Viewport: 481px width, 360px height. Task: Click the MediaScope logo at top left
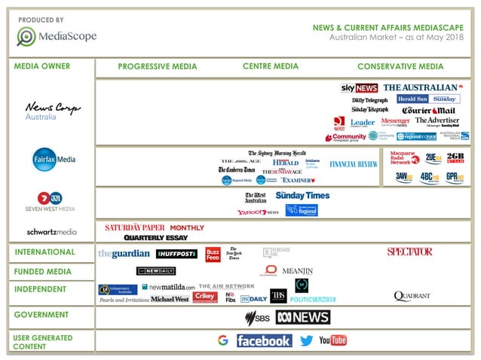pos(57,35)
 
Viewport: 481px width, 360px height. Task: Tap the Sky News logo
pos(360,88)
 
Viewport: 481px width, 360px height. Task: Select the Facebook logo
pos(264,340)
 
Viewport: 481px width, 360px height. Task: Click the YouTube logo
pos(333,340)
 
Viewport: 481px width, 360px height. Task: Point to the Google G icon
pos(222,340)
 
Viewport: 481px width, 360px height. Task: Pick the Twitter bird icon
pos(306,340)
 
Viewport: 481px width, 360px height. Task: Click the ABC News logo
pos(302,317)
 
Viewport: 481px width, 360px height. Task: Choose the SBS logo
pos(257,317)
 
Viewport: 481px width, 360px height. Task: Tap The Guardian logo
pos(124,254)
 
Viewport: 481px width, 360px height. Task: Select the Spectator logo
pos(409,252)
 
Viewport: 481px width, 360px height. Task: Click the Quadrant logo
pos(412,296)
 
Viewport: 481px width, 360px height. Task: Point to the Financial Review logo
pos(354,163)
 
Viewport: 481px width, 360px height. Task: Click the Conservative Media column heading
pos(400,66)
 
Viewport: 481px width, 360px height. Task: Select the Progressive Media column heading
pos(158,66)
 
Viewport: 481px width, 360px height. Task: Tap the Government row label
pos(41,315)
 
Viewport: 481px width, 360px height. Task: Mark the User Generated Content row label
pos(43,342)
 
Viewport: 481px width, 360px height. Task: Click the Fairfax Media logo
pos(54,159)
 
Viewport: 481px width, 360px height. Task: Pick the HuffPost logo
pos(176,254)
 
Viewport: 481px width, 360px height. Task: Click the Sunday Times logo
pos(302,195)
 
